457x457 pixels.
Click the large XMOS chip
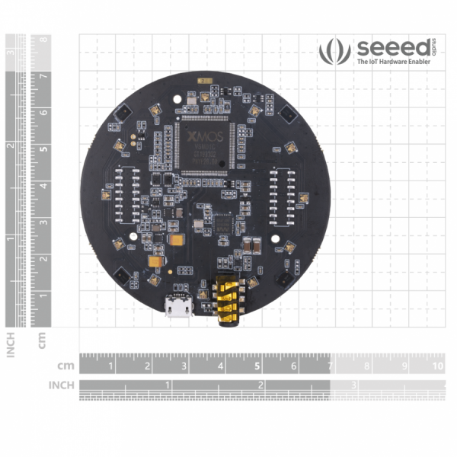(x=204, y=145)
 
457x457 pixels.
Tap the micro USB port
(x=178, y=308)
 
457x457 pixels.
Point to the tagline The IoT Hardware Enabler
(x=394, y=63)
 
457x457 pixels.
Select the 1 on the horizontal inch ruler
(x=168, y=385)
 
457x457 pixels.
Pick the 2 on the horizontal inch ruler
(x=260, y=385)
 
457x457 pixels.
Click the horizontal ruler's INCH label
(x=62, y=385)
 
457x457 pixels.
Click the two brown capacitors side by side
(x=252, y=245)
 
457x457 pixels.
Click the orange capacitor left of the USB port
(x=156, y=261)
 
